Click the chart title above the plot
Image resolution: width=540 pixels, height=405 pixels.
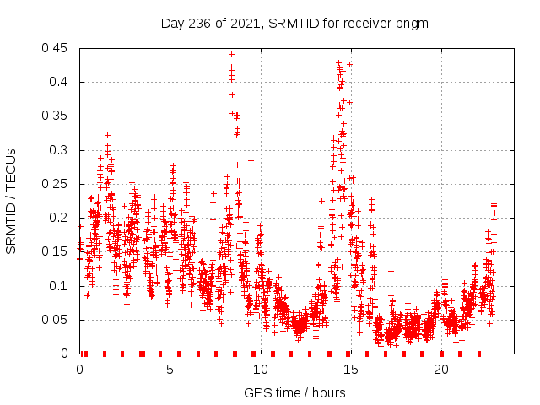pyautogui.click(x=294, y=24)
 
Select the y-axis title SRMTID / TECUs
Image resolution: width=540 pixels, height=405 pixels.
pyautogui.click(x=12, y=201)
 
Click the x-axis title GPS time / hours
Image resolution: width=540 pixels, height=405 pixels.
pyautogui.click(x=294, y=392)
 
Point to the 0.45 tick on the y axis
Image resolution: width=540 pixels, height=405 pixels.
pyautogui.click(x=57, y=48)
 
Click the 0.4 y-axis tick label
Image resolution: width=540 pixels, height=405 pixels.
pyautogui.click(x=60, y=82)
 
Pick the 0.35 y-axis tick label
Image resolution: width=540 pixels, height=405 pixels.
pyautogui.click(x=57, y=116)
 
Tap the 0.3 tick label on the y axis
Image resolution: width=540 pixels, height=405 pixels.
pyautogui.click(x=60, y=150)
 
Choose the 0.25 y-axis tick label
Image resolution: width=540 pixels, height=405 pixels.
pyautogui.click(x=57, y=184)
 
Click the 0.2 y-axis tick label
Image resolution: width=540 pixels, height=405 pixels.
pyautogui.click(x=60, y=218)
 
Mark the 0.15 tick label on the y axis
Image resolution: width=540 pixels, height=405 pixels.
pyautogui.click(x=57, y=252)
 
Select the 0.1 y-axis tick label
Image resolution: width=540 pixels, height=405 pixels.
pyautogui.click(x=60, y=286)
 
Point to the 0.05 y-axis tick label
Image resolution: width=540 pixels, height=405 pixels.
pyautogui.click(x=57, y=320)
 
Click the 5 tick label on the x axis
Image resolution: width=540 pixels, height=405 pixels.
pyautogui.click(x=170, y=369)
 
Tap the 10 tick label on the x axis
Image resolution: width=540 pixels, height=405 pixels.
pyautogui.click(x=261, y=369)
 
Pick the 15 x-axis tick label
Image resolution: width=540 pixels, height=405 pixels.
pyautogui.click(x=351, y=369)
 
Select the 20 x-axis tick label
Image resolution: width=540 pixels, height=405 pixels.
pyautogui.click(x=441, y=369)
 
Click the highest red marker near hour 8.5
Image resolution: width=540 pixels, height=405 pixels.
pyautogui.click(x=231, y=54)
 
